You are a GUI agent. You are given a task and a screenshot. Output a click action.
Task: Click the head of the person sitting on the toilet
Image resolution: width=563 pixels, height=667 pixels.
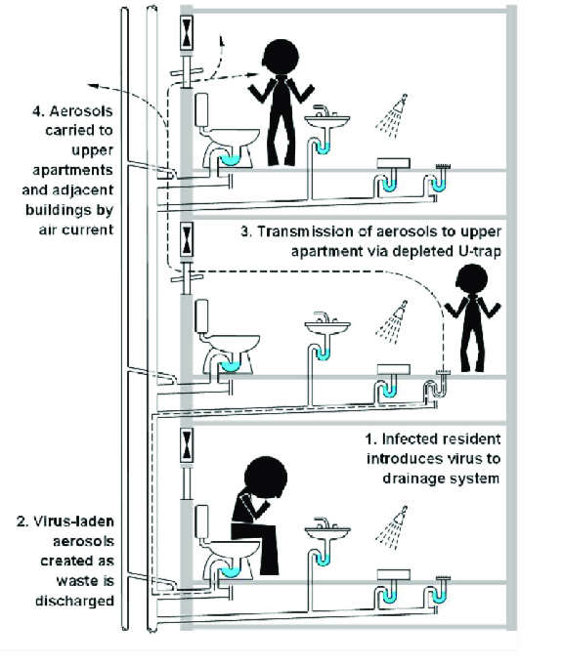[x=266, y=477]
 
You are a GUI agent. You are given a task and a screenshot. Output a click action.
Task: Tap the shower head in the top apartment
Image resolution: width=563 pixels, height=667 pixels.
[x=401, y=103]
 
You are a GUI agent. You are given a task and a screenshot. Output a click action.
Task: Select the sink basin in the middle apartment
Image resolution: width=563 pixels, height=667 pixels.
[x=327, y=328]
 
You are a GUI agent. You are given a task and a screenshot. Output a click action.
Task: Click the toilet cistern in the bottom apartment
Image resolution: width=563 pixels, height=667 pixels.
[x=201, y=521]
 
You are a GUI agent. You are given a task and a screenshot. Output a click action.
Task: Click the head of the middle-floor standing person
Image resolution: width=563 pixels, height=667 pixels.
[x=471, y=280]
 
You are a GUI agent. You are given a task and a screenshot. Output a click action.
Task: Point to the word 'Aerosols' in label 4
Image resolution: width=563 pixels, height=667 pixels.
[x=81, y=111]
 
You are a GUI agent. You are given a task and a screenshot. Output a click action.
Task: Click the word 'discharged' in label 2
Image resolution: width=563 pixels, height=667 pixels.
[x=74, y=601]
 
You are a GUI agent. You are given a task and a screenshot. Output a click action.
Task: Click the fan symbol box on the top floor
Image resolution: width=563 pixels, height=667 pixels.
[x=187, y=32]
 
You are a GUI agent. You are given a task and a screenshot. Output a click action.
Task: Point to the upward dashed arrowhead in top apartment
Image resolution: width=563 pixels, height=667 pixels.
[x=221, y=40]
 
